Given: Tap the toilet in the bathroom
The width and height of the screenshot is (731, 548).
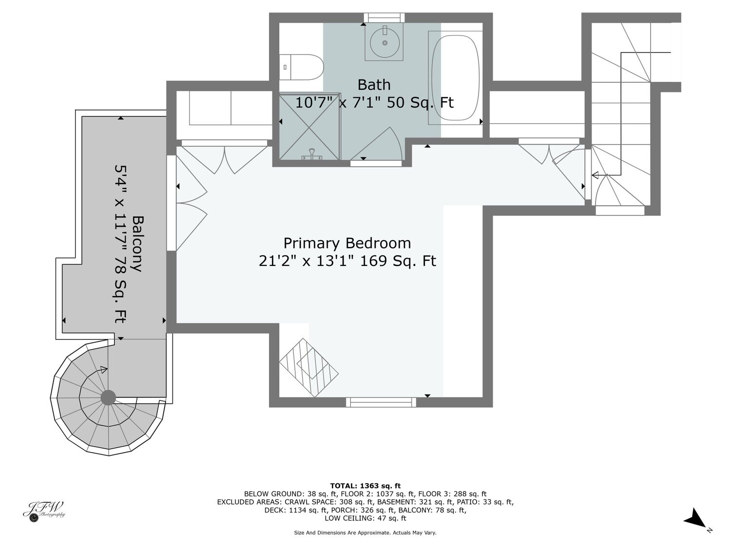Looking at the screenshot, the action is (301, 67).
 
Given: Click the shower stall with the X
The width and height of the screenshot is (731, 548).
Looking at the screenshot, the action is (309, 127).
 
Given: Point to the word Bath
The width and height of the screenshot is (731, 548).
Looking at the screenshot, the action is (374, 85).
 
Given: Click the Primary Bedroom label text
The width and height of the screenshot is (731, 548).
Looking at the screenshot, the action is (347, 243).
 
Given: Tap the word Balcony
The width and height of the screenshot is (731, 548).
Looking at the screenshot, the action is (137, 244).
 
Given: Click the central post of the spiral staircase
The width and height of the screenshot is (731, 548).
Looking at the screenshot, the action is (108, 398).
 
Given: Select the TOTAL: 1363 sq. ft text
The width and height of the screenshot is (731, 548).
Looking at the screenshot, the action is (365, 486).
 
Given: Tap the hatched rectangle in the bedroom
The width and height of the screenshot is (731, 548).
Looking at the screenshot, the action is (308, 367).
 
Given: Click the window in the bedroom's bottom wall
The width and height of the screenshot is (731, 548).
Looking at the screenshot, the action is (381, 402).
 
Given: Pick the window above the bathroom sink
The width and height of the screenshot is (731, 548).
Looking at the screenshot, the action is (384, 18).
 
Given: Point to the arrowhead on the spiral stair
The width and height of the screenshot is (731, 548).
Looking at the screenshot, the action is (104, 369).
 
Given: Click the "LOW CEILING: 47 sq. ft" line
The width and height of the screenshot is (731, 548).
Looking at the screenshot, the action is (365, 518).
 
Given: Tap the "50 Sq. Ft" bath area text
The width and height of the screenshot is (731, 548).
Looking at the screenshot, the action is (420, 102).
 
